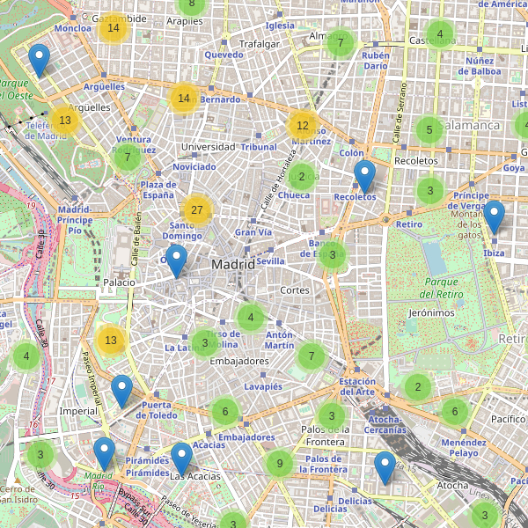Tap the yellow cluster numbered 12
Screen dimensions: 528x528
click(x=303, y=126)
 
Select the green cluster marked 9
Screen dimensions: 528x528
click(x=279, y=464)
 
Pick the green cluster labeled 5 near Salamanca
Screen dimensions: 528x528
click(x=429, y=130)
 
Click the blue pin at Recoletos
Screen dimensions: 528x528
click(x=364, y=178)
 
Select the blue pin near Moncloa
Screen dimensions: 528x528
click(x=39, y=61)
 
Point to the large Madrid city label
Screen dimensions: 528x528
click(x=233, y=264)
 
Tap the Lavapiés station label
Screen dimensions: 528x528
click(x=262, y=386)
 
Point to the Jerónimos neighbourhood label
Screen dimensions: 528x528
click(x=431, y=312)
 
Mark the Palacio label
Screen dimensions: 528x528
click(x=119, y=282)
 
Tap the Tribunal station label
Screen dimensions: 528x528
click(x=259, y=147)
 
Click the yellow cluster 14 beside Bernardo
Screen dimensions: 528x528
click(x=184, y=98)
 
